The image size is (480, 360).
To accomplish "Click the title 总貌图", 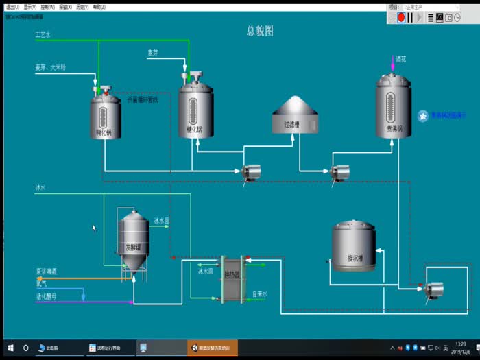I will click(260, 31).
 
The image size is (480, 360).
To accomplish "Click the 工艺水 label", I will click(43, 33).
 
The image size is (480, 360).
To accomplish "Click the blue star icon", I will click(423, 116).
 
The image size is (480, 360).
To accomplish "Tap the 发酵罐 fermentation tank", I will click(134, 240).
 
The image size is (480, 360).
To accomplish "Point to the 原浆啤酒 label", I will click(47, 272).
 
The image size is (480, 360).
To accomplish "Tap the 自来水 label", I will click(259, 294).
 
